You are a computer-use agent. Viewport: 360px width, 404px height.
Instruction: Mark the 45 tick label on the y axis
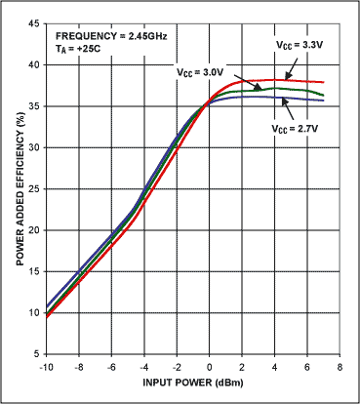pyautogui.click(x=34, y=21)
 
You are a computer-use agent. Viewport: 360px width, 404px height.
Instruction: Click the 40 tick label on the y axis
pyautogui.click(x=34, y=63)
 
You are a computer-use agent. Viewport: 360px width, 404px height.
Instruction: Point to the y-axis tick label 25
pyautogui.click(x=34, y=187)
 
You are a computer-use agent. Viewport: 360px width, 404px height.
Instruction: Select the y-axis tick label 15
pyautogui.click(x=34, y=270)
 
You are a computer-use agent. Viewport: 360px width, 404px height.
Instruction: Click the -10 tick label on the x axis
pyautogui.click(x=46, y=368)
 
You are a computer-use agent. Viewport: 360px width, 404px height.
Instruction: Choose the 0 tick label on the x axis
pyautogui.click(x=210, y=368)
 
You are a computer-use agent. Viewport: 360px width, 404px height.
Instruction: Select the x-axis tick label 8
pyautogui.click(x=340, y=368)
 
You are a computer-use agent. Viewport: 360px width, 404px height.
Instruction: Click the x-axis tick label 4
pyautogui.click(x=275, y=368)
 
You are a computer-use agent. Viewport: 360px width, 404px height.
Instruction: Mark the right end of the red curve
pyautogui.click(x=324, y=82)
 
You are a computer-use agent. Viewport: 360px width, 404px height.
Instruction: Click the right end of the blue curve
pyautogui.click(x=324, y=101)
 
